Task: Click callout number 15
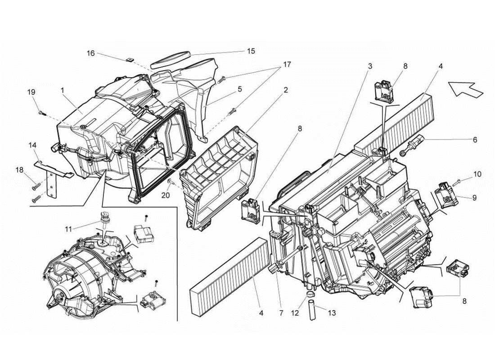coord(251,51)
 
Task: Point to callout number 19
coord(31,92)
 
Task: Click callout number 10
coord(477,173)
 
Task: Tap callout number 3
coord(370,66)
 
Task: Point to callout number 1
coord(62,90)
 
